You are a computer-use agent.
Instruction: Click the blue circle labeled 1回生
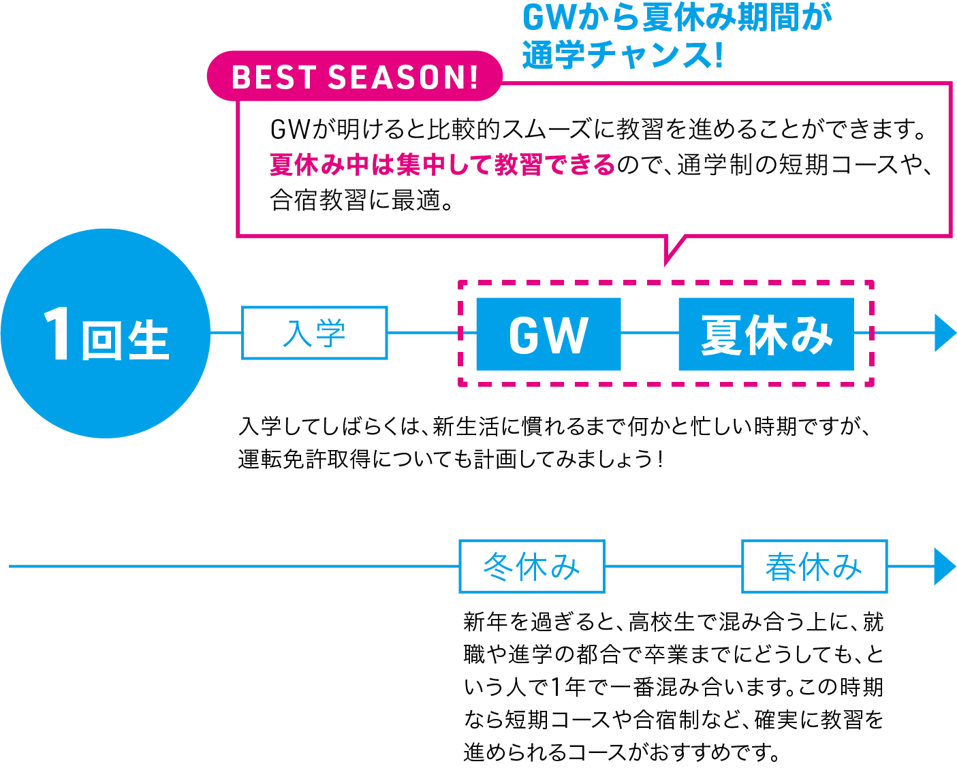[x=106, y=334]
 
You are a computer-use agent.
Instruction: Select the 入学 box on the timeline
[x=314, y=333]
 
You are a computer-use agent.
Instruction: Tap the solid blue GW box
[x=548, y=334]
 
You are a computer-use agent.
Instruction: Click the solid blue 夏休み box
[x=766, y=334]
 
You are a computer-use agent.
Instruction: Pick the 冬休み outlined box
[x=531, y=566]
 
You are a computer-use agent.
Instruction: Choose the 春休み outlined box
[x=814, y=566]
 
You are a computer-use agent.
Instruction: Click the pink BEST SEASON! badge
[x=354, y=76]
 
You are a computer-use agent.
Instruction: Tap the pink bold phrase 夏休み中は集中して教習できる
[x=443, y=165]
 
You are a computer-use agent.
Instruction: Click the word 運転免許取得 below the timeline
[x=304, y=460]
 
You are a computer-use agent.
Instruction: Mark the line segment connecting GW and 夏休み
[x=649, y=333]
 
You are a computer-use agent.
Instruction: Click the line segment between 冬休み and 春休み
[x=672, y=566]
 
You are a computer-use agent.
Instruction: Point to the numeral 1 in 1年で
[x=556, y=687]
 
